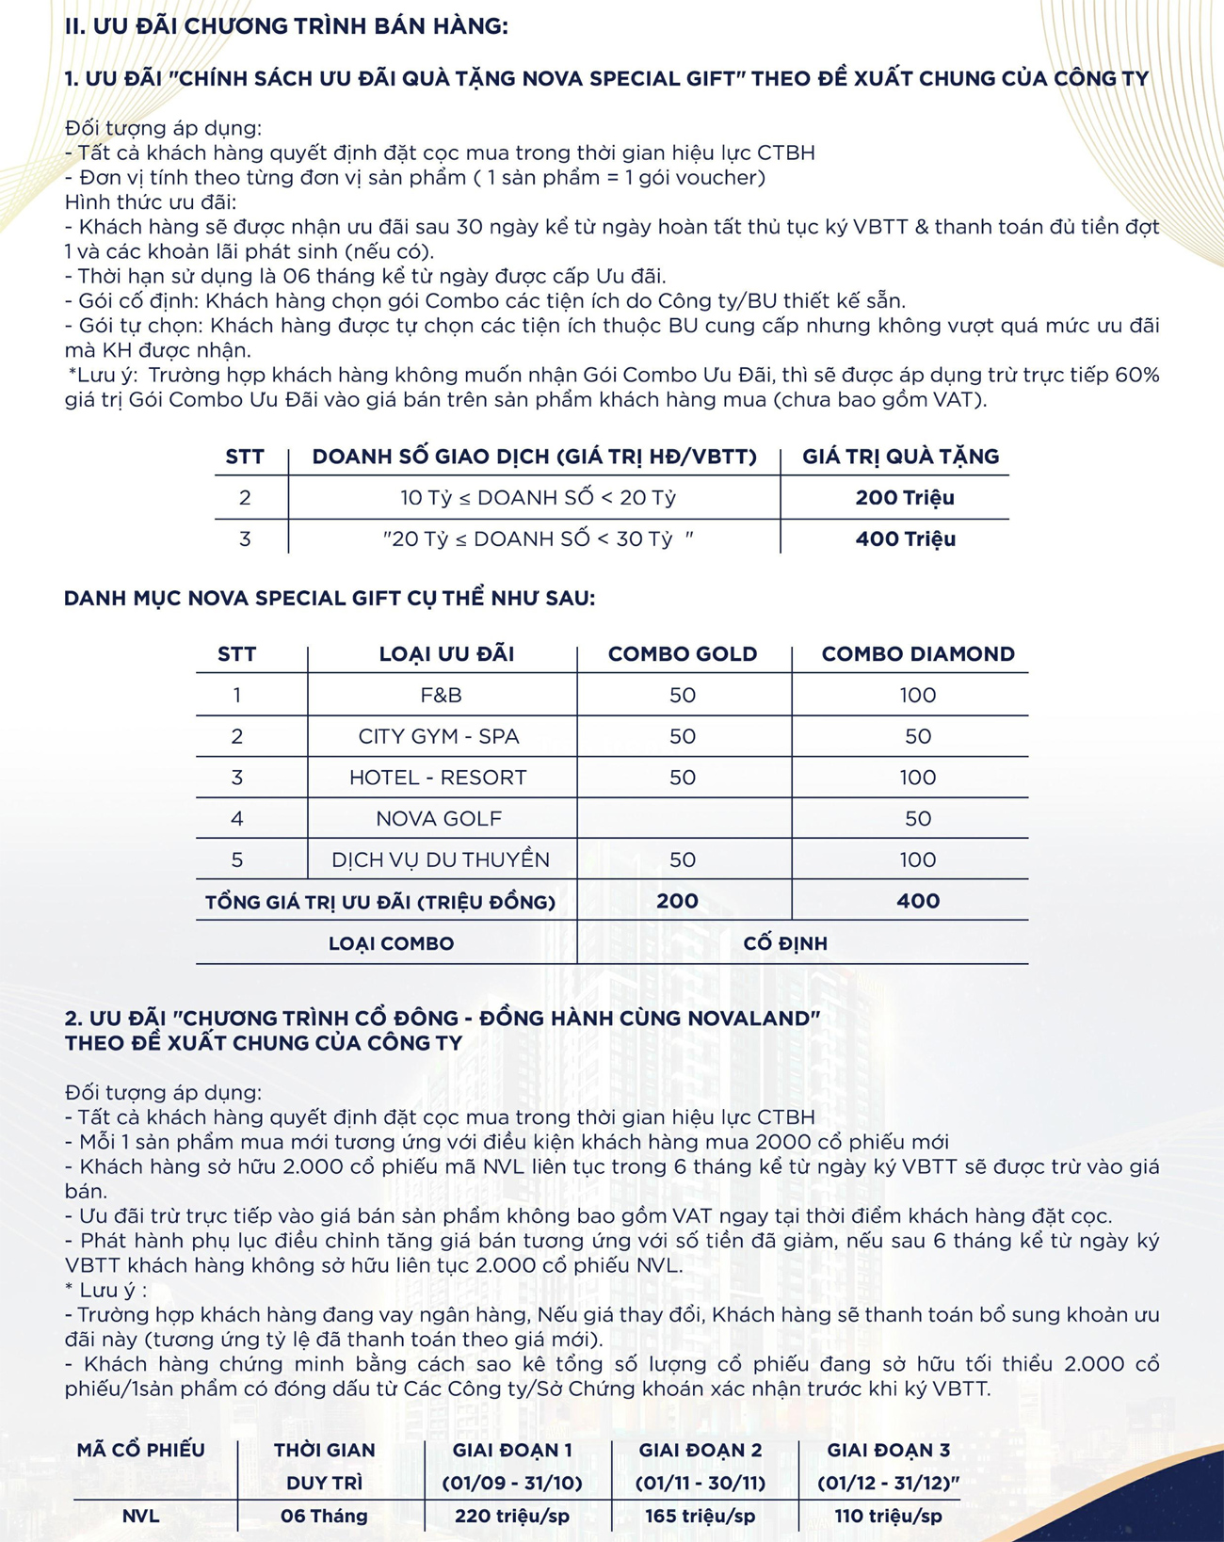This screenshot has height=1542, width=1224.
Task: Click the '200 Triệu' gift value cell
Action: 904,498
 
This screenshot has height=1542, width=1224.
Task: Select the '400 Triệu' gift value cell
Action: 905,539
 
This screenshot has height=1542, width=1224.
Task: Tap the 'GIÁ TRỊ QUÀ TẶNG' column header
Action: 900,457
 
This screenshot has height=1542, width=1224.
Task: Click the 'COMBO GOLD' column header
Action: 682,654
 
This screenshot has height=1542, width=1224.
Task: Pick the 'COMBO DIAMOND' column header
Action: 917,654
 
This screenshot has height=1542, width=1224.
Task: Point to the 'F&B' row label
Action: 441,696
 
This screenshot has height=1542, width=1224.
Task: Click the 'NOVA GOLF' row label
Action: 439,819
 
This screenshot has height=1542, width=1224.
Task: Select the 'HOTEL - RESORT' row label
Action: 438,778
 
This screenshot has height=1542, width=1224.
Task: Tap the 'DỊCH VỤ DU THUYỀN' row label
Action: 440,859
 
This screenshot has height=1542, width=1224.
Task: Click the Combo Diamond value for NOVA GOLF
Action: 917,819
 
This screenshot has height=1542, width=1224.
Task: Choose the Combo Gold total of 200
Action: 677,901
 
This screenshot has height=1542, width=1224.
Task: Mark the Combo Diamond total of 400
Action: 917,901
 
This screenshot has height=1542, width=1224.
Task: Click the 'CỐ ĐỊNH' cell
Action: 784,943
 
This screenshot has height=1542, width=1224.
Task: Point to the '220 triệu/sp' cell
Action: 511,1516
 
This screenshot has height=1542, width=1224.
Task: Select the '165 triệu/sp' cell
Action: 700,1516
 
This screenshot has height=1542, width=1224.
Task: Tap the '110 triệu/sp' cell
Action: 888,1516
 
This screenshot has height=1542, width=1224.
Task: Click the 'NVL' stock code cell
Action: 141,1516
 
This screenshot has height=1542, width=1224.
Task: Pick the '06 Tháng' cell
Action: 324,1516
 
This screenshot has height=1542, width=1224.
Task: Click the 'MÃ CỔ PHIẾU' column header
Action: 141,1451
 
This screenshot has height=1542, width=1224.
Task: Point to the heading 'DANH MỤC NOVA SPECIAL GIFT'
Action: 329,599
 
